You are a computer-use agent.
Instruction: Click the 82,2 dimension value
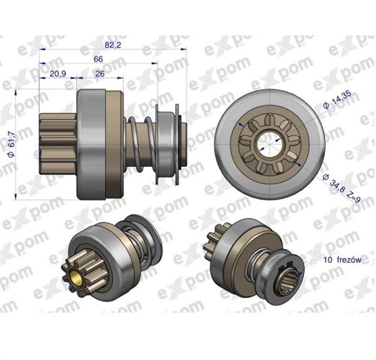tap(113, 45)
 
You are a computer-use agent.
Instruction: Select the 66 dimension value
tap(98, 59)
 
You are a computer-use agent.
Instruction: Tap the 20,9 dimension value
tap(58, 73)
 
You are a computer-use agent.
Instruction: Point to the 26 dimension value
tap(100, 73)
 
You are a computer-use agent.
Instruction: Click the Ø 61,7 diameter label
tap(12, 144)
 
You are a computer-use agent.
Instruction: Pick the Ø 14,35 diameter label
tap(337, 100)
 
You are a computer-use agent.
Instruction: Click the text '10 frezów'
tap(342, 260)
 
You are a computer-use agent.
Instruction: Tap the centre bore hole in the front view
tap(270, 145)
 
